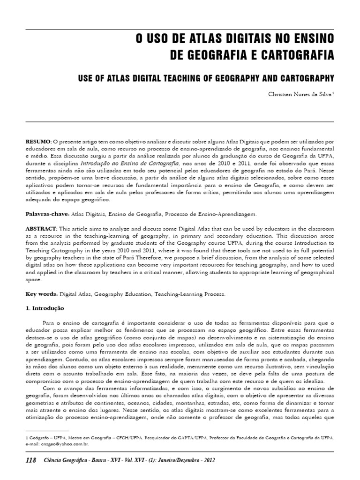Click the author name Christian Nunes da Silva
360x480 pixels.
[x=300, y=93]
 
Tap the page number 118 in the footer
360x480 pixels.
[x=31, y=461]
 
